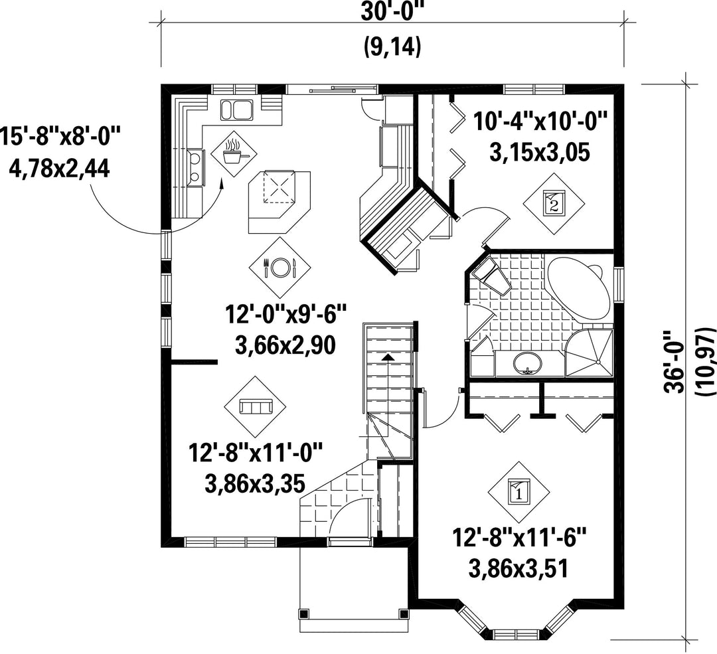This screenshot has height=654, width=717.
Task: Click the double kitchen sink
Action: pyautogui.click(x=236, y=110)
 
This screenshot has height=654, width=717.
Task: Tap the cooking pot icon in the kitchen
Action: pyautogui.click(x=234, y=151)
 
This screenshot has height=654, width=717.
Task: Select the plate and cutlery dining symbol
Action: pyautogui.click(x=280, y=267)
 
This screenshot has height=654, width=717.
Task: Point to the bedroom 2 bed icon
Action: pyautogui.click(x=554, y=203)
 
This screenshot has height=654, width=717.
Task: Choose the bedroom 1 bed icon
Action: pyautogui.click(x=518, y=491)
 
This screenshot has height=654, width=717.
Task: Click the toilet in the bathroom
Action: pyautogui.click(x=491, y=276)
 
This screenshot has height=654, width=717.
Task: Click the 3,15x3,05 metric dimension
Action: pyautogui.click(x=539, y=153)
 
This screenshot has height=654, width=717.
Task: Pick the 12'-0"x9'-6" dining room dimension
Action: pyautogui.click(x=286, y=315)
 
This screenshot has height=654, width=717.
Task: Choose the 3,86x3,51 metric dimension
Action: pyautogui.click(x=518, y=569)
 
